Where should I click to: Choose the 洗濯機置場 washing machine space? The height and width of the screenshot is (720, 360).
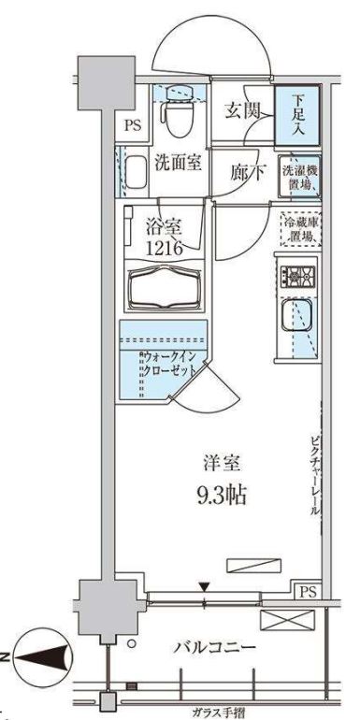pyautogui.click(x=300, y=174)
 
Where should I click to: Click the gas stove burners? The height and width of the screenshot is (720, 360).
pyautogui.click(x=300, y=276)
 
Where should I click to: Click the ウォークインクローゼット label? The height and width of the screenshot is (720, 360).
pyautogui.click(x=169, y=364)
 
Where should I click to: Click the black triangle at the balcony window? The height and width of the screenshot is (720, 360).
pyautogui.click(x=205, y=586)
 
